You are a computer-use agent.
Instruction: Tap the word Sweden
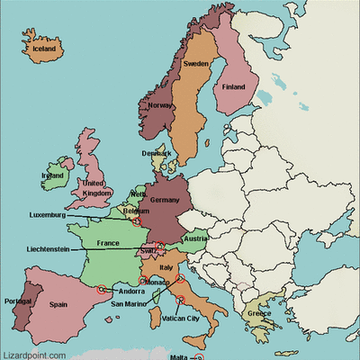click(x=195, y=65)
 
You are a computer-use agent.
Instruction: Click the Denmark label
click(x=156, y=154)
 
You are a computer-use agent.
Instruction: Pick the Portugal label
click(x=20, y=301)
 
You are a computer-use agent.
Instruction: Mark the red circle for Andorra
click(x=101, y=289)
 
